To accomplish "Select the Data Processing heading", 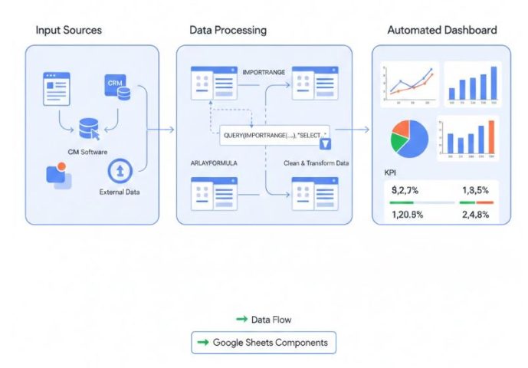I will [x=228, y=30].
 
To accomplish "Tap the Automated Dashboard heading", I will [x=441, y=30].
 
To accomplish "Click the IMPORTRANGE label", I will [x=264, y=71].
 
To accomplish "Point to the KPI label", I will [x=391, y=173].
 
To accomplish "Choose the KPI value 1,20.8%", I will [x=408, y=215].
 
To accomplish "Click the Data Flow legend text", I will [x=271, y=319].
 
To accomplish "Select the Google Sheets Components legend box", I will [x=264, y=342].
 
